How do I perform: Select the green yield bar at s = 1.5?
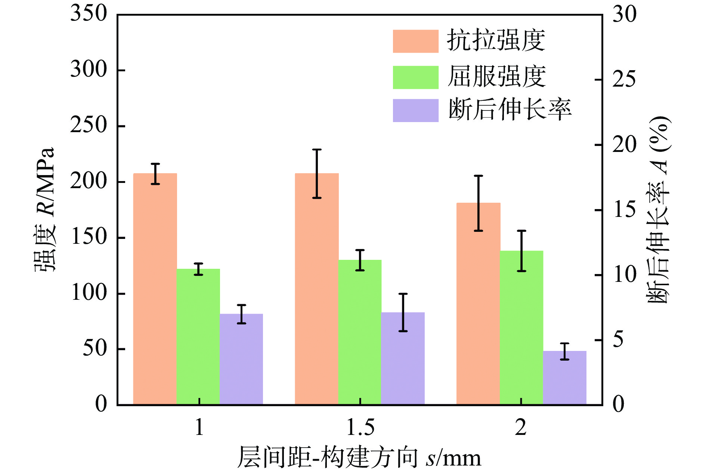point(360,332)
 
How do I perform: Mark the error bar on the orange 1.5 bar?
point(317,174)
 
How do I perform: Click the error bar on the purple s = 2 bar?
point(564,351)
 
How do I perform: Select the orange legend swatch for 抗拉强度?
point(415,41)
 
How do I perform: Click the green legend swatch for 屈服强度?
point(415,77)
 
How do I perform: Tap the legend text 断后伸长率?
point(510,110)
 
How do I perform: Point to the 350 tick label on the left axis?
point(89,14)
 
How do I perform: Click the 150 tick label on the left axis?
point(89,237)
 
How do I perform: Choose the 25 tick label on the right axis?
point(623,79)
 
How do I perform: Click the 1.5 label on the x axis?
point(360,427)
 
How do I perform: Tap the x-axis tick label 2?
point(521,427)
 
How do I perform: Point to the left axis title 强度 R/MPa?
point(45,209)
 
